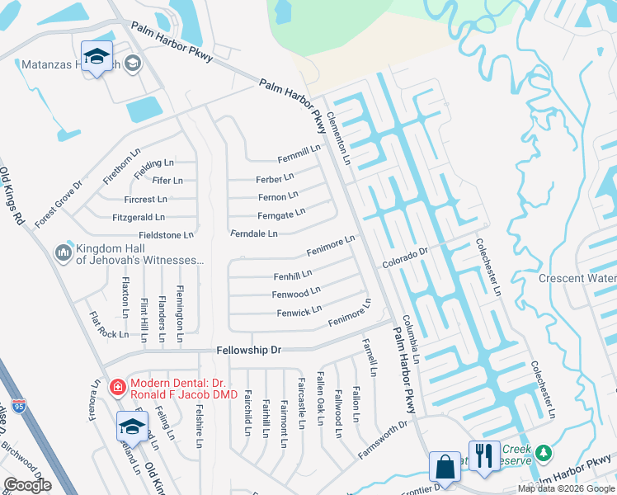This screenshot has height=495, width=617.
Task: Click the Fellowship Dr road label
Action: point(249,351)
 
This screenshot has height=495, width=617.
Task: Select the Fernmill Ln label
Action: point(299,153)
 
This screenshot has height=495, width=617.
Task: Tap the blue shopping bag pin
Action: point(445,465)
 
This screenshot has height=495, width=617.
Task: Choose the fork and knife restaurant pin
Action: point(483,455)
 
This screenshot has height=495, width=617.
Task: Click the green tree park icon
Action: point(543,452)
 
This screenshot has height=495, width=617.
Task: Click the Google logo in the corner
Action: point(27,484)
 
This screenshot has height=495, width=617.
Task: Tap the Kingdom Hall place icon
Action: point(63,252)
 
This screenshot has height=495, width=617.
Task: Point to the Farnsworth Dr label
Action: point(384,441)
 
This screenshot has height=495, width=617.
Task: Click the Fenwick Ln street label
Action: point(299,312)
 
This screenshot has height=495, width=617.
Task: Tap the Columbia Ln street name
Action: point(411,338)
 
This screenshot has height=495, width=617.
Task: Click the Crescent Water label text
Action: point(577,279)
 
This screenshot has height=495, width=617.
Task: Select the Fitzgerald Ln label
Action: point(139,218)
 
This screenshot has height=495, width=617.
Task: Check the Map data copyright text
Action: point(566,488)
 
